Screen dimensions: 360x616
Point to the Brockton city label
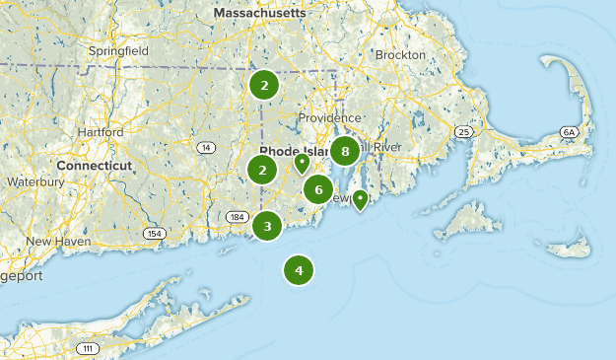point(400,54)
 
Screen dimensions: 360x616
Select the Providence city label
point(329,117)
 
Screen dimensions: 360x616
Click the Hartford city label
point(98,131)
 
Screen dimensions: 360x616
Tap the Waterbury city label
point(34,182)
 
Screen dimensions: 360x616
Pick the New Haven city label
point(51,241)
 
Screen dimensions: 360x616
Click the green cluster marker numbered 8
point(344,151)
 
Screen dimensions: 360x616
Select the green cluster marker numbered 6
point(318,189)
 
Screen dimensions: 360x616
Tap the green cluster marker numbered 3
point(267,226)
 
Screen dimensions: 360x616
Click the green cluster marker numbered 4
point(299,269)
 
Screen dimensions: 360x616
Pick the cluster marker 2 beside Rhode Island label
point(262,170)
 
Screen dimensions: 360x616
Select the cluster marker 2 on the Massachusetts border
point(263,85)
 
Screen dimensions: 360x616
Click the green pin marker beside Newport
point(361,201)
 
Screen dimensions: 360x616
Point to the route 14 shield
point(204,148)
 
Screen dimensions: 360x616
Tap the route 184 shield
point(236,216)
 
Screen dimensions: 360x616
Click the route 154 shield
point(153,233)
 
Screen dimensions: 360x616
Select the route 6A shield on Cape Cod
point(569,131)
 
